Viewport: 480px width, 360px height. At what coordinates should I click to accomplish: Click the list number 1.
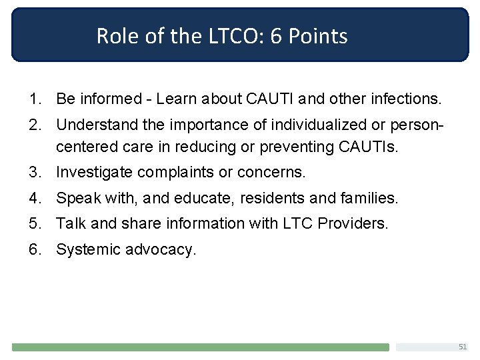33,99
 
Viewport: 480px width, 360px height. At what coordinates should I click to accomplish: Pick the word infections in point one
405,99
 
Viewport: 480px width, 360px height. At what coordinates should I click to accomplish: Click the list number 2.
33,125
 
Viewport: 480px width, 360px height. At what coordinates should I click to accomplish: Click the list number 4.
33,198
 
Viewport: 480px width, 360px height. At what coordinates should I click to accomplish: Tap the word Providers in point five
353,223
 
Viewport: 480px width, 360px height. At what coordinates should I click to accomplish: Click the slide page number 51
462,347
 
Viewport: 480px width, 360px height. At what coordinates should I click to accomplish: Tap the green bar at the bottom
200,347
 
